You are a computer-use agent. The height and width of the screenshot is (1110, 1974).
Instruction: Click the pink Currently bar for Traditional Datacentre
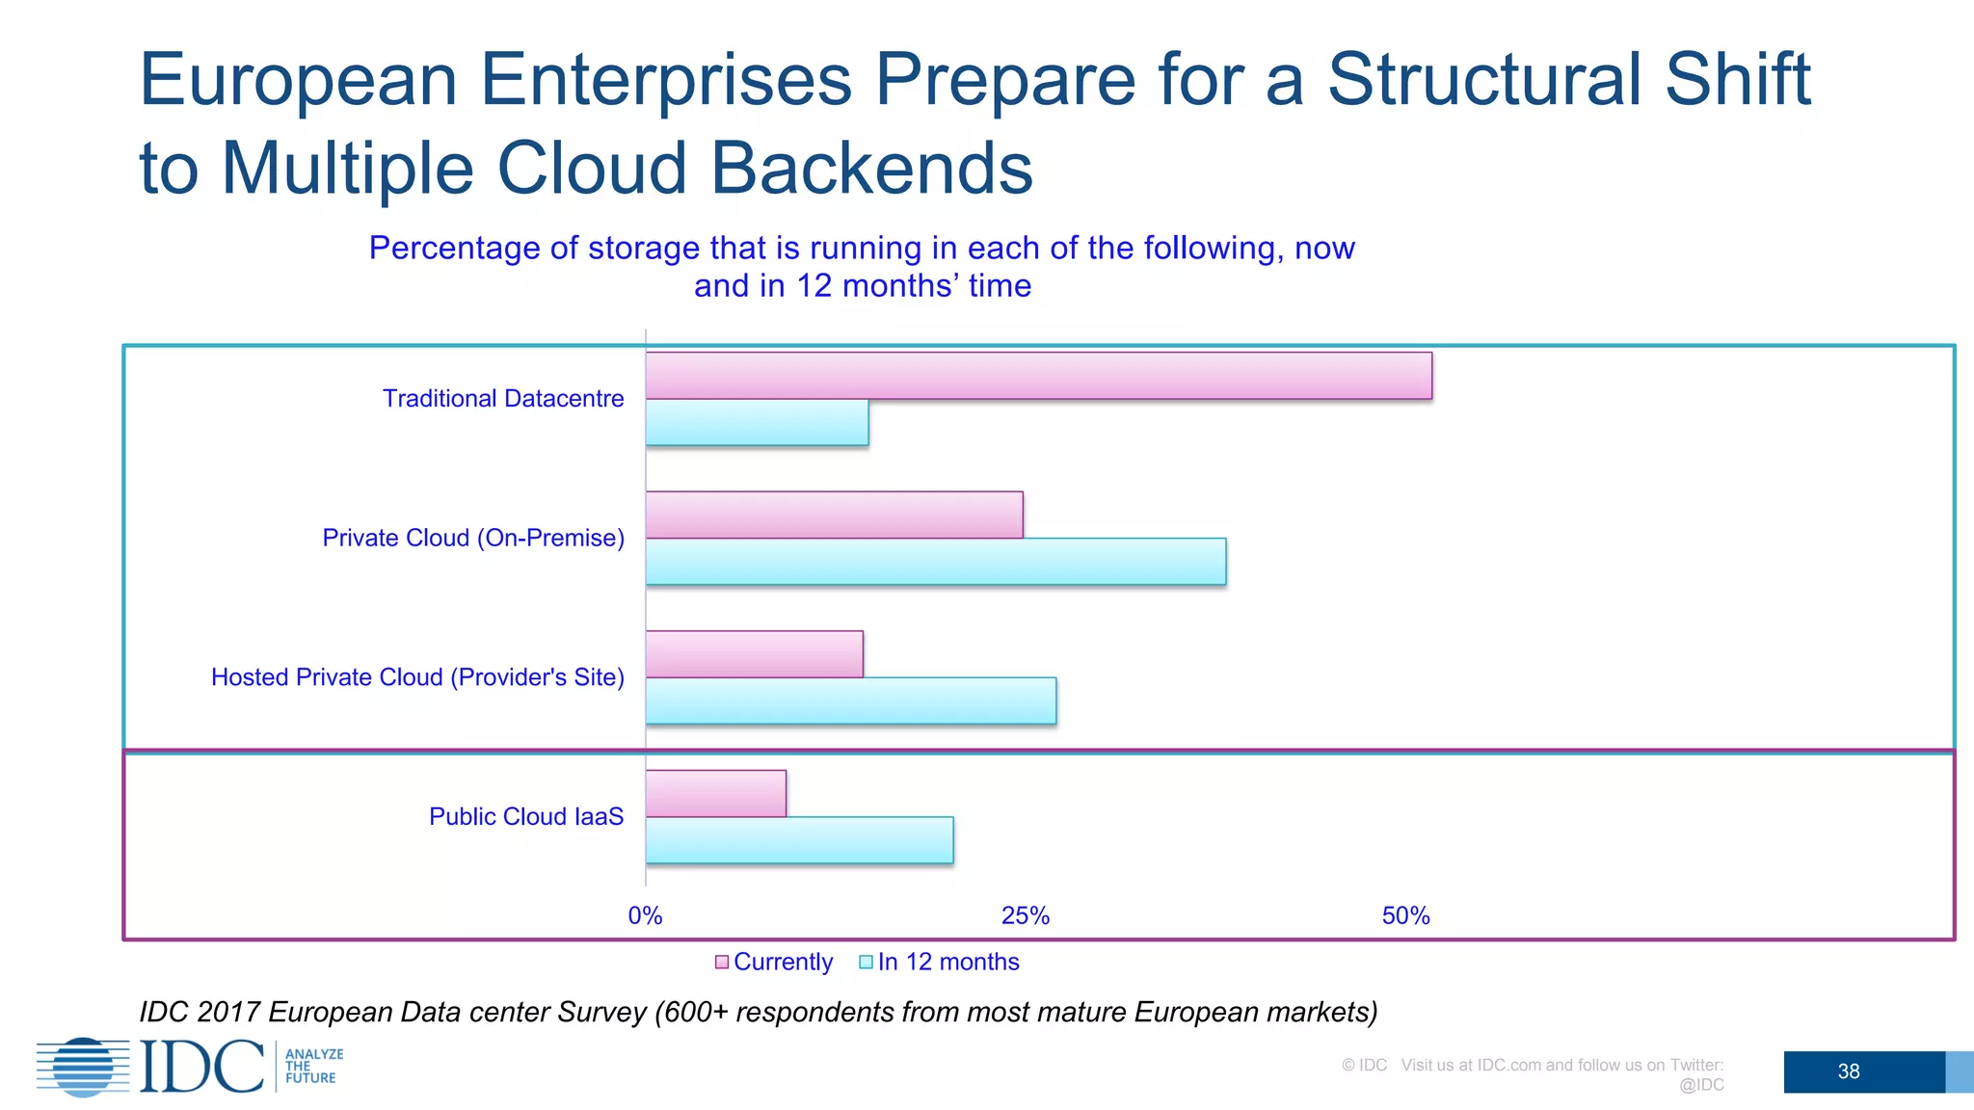coord(1038,376)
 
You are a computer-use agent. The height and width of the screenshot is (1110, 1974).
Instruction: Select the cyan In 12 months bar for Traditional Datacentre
coord(757,422)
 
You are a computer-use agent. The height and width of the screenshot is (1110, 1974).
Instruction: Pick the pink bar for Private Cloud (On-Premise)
coord(834,515)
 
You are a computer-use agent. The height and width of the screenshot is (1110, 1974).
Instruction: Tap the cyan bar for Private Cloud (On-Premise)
coord(935,561)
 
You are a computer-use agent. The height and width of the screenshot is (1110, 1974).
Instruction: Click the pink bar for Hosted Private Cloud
coord(754,654)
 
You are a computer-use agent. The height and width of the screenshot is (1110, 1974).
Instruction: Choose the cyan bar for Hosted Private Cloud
coord(850,700)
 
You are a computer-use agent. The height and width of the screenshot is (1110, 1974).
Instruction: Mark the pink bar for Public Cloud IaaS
coord(715,793)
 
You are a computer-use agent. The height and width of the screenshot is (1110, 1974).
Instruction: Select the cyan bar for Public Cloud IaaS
coord(799,840)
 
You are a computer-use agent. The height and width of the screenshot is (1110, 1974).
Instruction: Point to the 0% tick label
coord(645,915)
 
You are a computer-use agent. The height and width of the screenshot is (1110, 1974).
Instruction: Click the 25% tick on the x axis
coord(1025,915)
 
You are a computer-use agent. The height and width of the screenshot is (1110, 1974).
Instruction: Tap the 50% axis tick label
coord(1405,915)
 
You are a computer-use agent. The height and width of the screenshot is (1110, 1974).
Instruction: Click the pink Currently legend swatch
coord(722,962)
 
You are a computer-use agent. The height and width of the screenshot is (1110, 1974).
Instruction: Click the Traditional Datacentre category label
coord(503,398)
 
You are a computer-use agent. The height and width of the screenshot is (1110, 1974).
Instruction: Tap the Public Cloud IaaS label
coord(526,816)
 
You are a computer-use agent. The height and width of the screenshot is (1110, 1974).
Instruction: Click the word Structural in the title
coord(1484,79)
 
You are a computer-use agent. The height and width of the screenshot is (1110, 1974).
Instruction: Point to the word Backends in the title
coord(871,168)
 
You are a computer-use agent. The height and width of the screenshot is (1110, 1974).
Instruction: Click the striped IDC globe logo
coord(84,1067)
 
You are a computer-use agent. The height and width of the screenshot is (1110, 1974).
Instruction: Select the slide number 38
coord(1848,1071)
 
